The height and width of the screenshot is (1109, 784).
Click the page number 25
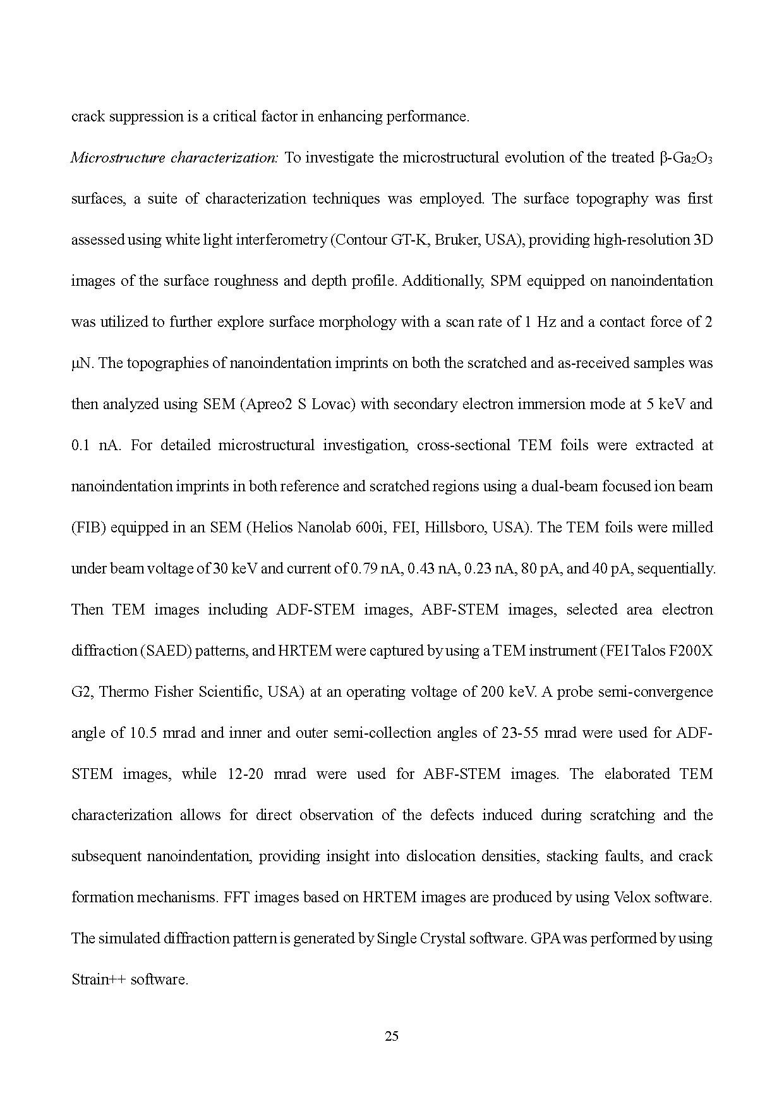click(x=392, y=1036)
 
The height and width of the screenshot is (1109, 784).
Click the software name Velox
click(x=632, y=897)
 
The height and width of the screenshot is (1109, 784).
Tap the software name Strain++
click(x=98, y=979)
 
